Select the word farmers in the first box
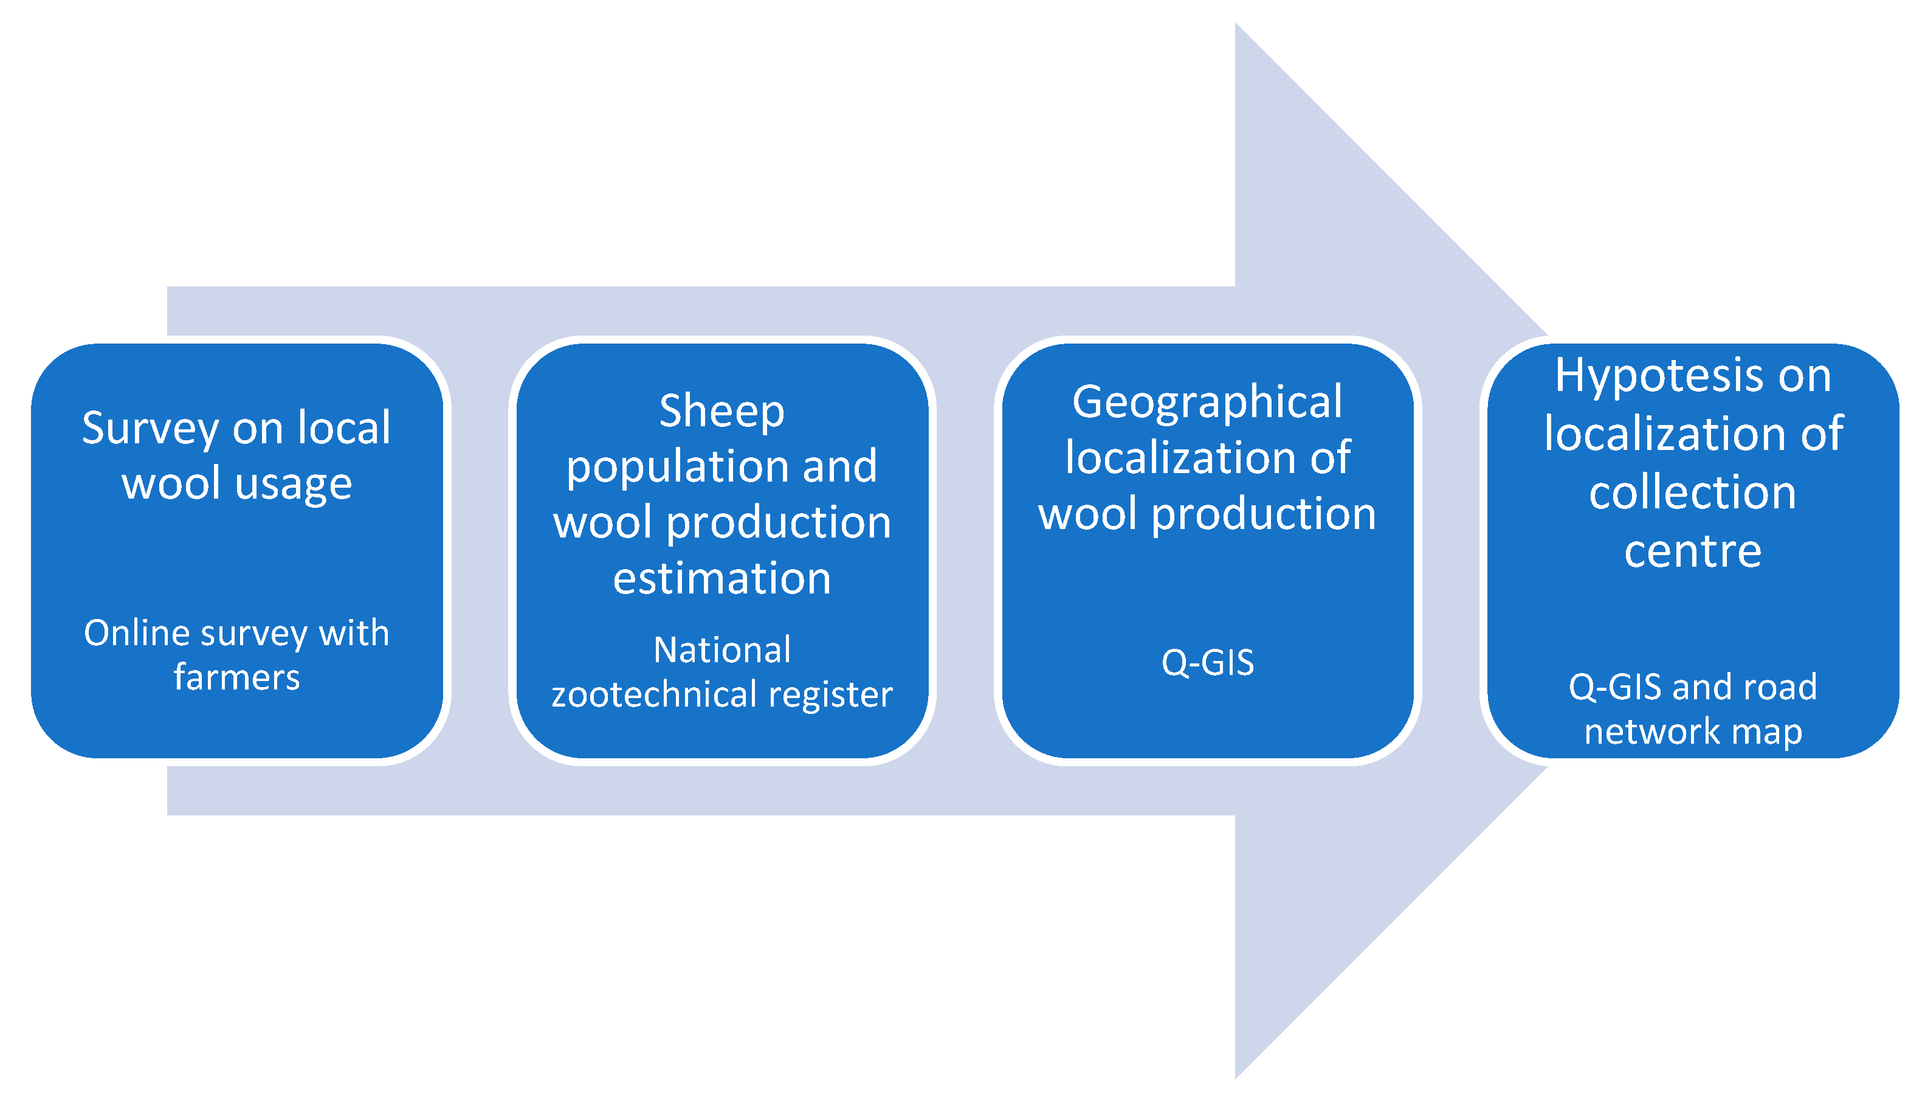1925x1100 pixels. [x=236, y=677]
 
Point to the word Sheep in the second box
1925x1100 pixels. [x=721, y=412]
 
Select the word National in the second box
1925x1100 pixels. [x=721, y=650]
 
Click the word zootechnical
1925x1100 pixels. [x=653, y=694]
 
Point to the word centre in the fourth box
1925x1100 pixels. [x=1692, y=551]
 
